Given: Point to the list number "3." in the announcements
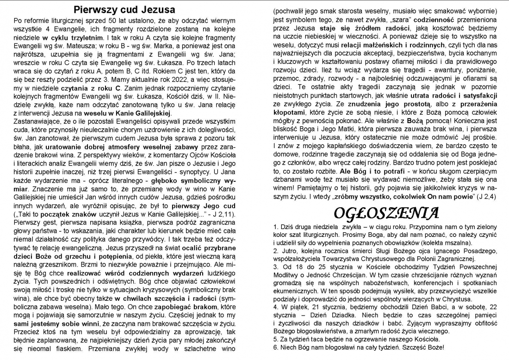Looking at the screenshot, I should (x=276, y=268).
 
